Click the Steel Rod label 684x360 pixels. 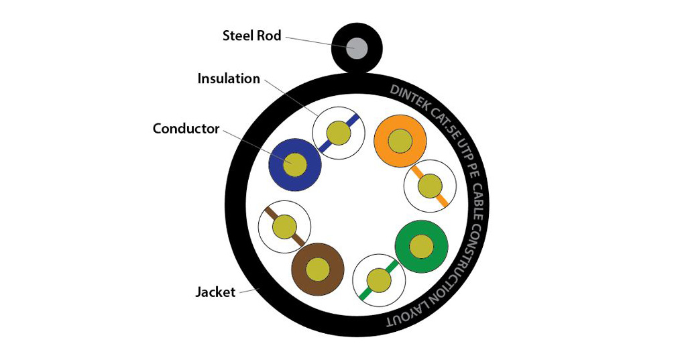(252, 36)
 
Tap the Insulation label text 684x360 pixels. (228, 78)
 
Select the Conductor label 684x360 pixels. (186, 128)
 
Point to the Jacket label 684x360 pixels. (215, 292)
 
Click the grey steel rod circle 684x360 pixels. (357, 48)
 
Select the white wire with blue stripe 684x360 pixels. (339, 133)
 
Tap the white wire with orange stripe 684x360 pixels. (430, 186)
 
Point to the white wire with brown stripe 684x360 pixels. (284, 227)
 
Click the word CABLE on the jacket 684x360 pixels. (478, 192)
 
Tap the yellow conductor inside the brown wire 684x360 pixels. (317, 269)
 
